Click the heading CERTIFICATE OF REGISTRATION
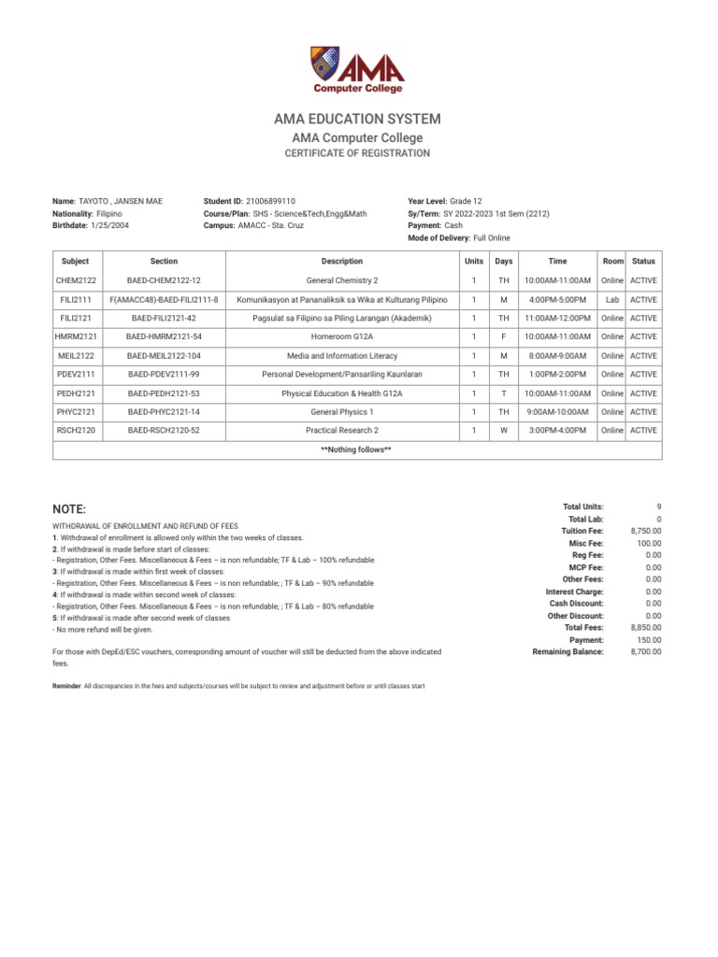tap(358, 153)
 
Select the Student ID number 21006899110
tap(270, 201)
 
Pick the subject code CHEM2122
tap(75, 280)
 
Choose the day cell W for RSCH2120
tap(503, 431)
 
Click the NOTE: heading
tap(69, 509)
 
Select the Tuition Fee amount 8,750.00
tap(645, 531)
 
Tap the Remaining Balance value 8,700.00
tap(645, 652)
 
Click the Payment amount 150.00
tap(650, 640)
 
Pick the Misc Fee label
tap(586, 543)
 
